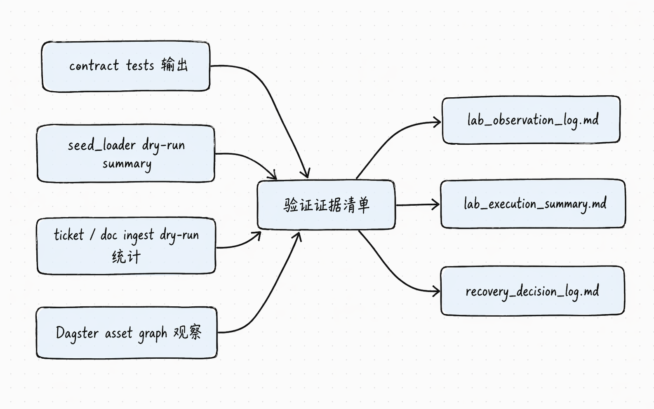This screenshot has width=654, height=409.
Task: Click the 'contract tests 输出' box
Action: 126,66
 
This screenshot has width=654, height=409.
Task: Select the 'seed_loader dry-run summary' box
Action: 126,154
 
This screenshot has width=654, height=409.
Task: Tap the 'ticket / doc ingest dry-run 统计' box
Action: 126,246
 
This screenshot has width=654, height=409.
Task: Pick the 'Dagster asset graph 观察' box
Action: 127,332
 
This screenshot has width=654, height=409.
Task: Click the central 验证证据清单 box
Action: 326,204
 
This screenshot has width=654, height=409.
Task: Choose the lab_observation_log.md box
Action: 531,120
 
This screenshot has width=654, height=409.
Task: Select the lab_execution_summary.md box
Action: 533,204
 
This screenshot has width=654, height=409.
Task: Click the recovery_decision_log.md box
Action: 532,291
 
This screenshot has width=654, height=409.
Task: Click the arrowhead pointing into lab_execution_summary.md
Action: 436,204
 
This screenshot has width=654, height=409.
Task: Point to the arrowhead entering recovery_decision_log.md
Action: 436,291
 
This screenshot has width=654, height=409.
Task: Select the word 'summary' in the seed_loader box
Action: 127,164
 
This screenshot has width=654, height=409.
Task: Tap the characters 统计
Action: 126,257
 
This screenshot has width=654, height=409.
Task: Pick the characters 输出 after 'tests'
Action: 174,65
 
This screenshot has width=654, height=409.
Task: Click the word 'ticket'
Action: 69,235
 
